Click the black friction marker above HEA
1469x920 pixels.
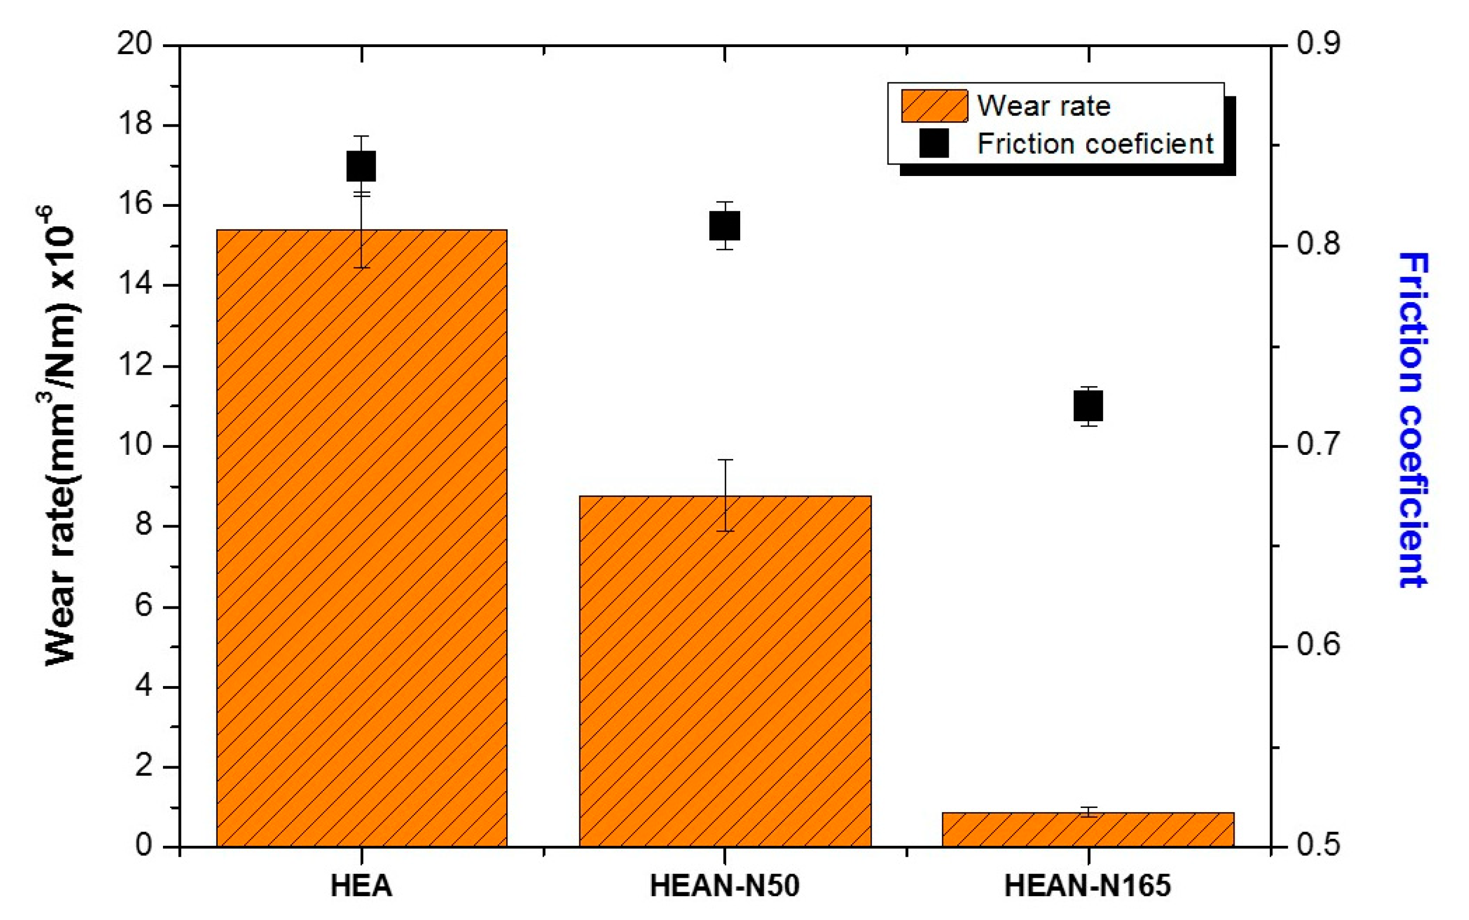361,166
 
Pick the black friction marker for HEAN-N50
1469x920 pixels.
724,226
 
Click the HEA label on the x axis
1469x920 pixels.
361,886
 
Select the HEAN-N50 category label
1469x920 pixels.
724,886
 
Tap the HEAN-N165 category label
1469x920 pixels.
1088,886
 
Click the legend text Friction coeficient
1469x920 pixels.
1095,143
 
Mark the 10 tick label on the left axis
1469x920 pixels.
134,446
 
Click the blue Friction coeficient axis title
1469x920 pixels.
1413,420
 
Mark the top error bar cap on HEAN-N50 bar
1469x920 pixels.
724,460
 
